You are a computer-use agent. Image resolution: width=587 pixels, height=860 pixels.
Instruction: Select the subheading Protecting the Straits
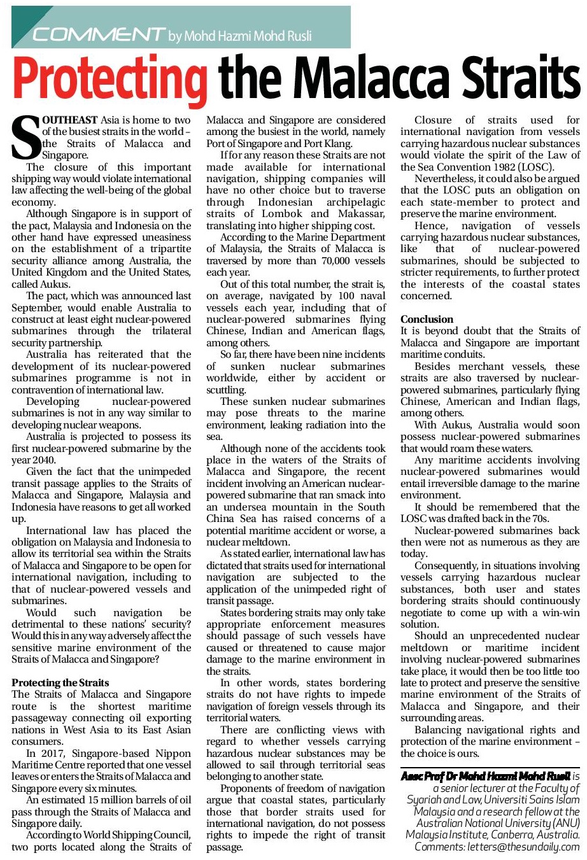click(x=60, y=682)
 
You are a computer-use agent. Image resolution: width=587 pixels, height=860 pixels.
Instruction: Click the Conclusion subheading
click(x=427, y=319)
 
